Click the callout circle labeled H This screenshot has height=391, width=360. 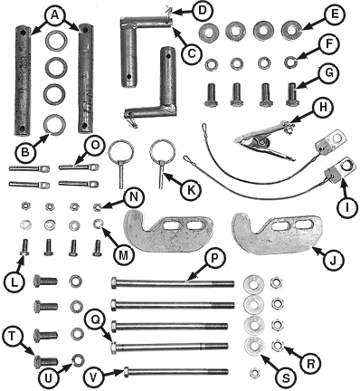click(x=322, y=107)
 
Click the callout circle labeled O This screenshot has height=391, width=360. click(x=95, y=146)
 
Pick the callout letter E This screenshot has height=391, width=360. click(x=333, y=14)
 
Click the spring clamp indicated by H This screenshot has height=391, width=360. click(x=265, y=140)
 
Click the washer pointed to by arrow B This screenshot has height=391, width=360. click(x=55, y=124)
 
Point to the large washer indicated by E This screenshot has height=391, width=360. click(x=291, y=30)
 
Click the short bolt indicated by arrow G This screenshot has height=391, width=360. click(x=292, y=95)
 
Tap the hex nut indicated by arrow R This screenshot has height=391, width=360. click(x=276, y=346)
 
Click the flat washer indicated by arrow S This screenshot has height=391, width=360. click(x=254, y=345)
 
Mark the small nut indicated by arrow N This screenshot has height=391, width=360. click(x=98, y=207)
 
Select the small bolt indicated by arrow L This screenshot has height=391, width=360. click(x=24, y=247)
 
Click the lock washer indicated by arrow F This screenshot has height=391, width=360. click(x=291, y=62)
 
